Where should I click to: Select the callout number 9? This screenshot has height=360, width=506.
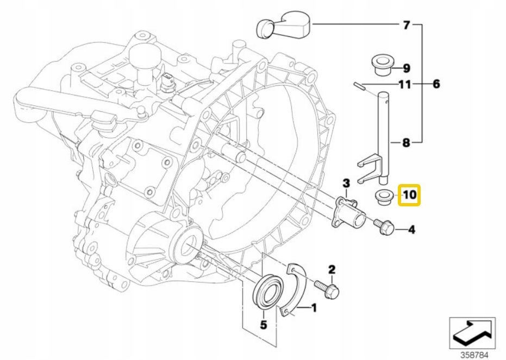pyautogui.click(x=407, y=68)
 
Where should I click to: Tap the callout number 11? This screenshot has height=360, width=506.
pyautogui.click(x=404, y=85)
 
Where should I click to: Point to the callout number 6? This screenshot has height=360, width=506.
pyautogui.click(x=436, y=85)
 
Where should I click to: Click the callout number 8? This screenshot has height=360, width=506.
pyautogui.click(x=406, y=143)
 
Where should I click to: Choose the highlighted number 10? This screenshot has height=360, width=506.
pyautogui.click(x=409, y=194)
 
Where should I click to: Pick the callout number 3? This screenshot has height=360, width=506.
pyautogui.click(x=345, y=181)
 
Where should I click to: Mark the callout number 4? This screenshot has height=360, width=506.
pyautogui.click(x=411, y=230)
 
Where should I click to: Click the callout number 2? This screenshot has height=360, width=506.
pyautogui.click(x=330, y=269)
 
